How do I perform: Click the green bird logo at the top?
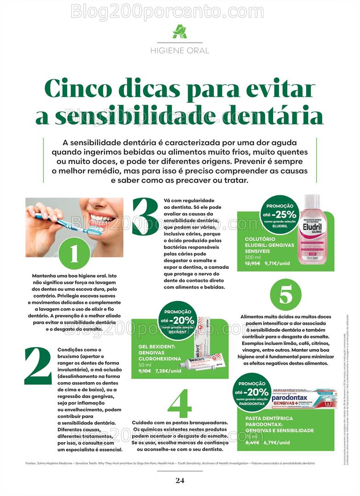click(x=180, y=32)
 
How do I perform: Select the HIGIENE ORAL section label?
click(x=180, y=51)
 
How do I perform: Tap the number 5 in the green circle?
click(x=286, y=295)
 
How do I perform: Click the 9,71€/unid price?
click(x=277, y=264)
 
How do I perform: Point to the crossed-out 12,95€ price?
click(x=253, y=264)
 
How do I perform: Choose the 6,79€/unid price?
click(x=277, y=443)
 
